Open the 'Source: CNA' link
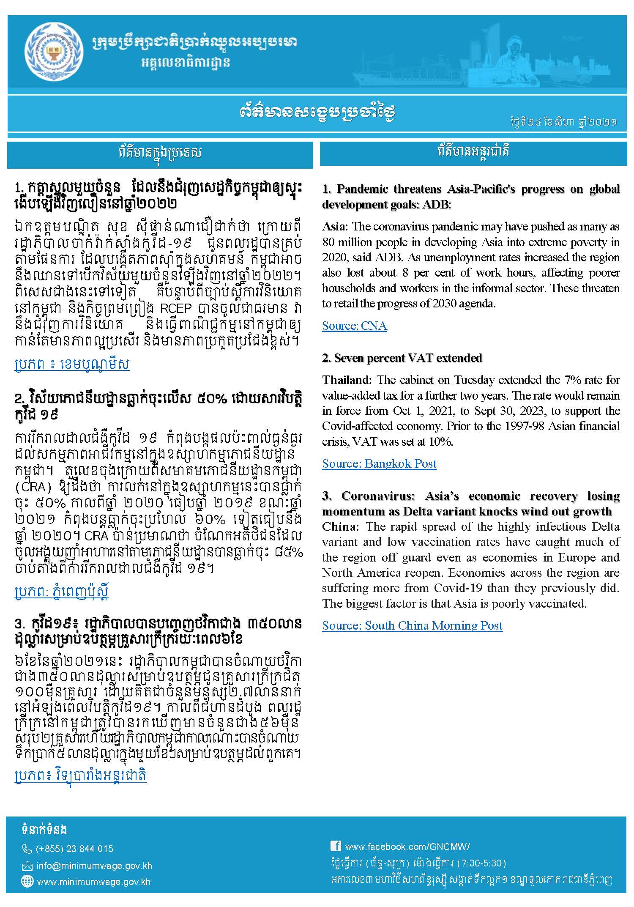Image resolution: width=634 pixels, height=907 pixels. [354, 326]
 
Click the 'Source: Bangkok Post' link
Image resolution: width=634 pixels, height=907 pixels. [379, 463]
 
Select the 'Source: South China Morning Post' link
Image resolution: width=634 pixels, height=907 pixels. [412, 625]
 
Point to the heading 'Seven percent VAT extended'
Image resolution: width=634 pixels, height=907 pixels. [402, 358]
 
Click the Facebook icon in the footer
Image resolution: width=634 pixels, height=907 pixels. [336, 845]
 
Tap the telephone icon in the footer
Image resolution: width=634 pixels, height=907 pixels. [27, 849]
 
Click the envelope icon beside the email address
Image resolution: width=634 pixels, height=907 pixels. [27, 866]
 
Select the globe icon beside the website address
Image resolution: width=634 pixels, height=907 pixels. [27, 882]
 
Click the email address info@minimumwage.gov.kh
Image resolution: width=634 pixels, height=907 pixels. [94, 866]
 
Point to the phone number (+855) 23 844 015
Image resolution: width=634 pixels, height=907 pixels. [74, 849]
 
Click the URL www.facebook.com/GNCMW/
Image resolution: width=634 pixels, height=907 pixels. [407, 846]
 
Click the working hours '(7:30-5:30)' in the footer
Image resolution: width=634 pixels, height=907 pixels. [481, 863]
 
